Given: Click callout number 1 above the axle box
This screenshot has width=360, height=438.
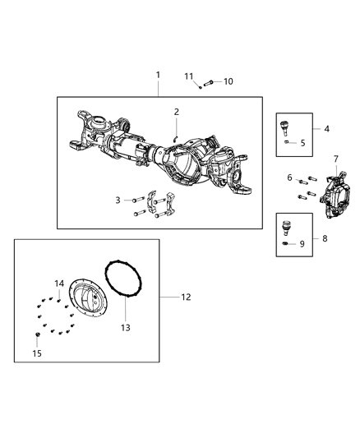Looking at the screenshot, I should click(x=159, y=75).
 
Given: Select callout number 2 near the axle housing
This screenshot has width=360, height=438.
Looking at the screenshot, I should click(x=176, y=111).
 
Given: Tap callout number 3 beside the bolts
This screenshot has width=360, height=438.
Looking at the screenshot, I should click(x=118, y=200).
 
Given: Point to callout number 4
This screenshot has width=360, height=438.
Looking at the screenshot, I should click(x=327, y=129).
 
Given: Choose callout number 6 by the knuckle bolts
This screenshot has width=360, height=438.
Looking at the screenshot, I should click(x=289, y=178).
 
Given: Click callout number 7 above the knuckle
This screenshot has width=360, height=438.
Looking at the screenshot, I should click(x=335, y=158).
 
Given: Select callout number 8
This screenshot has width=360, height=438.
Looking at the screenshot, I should click(x=327, y=238).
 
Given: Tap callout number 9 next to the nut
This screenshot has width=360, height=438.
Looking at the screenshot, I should click(x=302, y=243).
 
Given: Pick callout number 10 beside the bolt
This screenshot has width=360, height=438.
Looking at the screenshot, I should click(x=228, y=81).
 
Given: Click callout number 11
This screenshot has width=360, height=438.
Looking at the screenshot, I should click(x=188, y=76).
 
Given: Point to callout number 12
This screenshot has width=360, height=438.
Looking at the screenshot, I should click(x=186, y=297).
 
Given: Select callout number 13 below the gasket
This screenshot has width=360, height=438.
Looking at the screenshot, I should click(x=125, y=327).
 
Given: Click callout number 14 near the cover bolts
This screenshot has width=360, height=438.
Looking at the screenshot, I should click(x=59, y=284).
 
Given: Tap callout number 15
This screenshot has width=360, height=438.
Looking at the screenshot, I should click(x=35, y=353).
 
